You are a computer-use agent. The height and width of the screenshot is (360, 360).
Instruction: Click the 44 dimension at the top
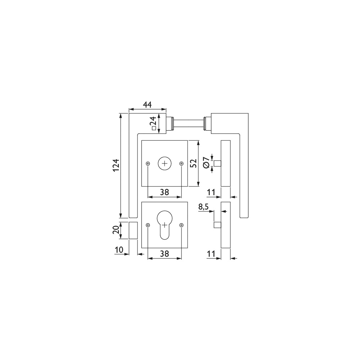tap(147, 105)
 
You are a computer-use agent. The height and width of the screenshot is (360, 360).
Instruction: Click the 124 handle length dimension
tap(117, 165)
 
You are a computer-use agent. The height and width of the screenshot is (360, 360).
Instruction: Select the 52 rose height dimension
tap(194, 163)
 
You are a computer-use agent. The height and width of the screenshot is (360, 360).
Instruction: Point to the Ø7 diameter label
tap(206, 163)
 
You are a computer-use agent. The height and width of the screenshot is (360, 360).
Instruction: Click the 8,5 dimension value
tap(203, 207)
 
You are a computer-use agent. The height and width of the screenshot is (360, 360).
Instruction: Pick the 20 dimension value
tap(116, 230)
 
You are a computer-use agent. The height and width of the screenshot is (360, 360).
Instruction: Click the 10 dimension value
tap(119, 249)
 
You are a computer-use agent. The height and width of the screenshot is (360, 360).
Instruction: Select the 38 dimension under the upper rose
tap(165, 192)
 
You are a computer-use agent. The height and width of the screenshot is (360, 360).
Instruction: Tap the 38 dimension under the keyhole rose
tap(165, 254)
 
